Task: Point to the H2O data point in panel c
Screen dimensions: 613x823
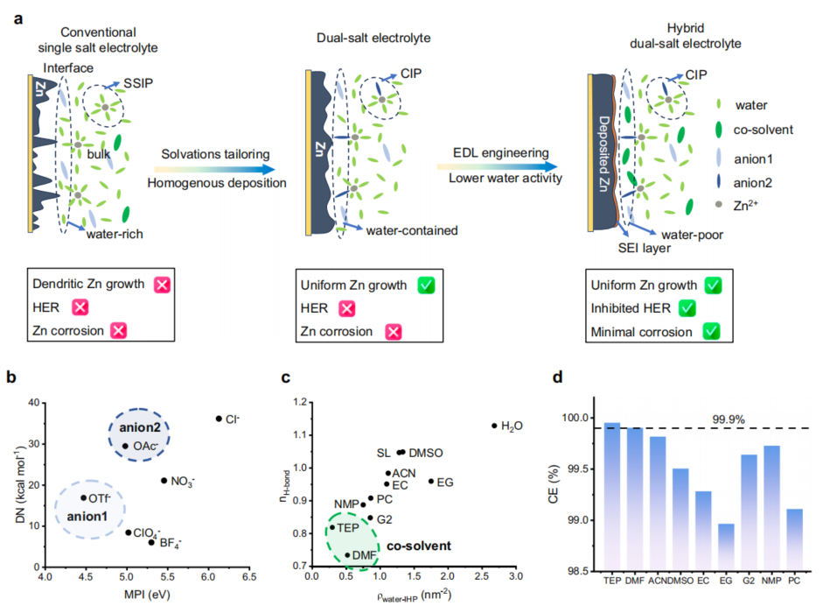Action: coord(494,426)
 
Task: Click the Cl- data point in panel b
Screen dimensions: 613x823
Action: coord(219,419)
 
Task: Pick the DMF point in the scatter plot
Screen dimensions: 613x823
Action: coord(347,554)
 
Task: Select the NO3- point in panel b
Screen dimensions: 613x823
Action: coord(164,480)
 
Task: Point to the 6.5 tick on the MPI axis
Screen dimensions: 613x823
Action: coord(249,579)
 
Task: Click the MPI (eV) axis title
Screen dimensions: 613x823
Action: coord(146,599)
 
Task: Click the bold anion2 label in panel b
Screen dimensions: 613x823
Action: coord(139,428)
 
